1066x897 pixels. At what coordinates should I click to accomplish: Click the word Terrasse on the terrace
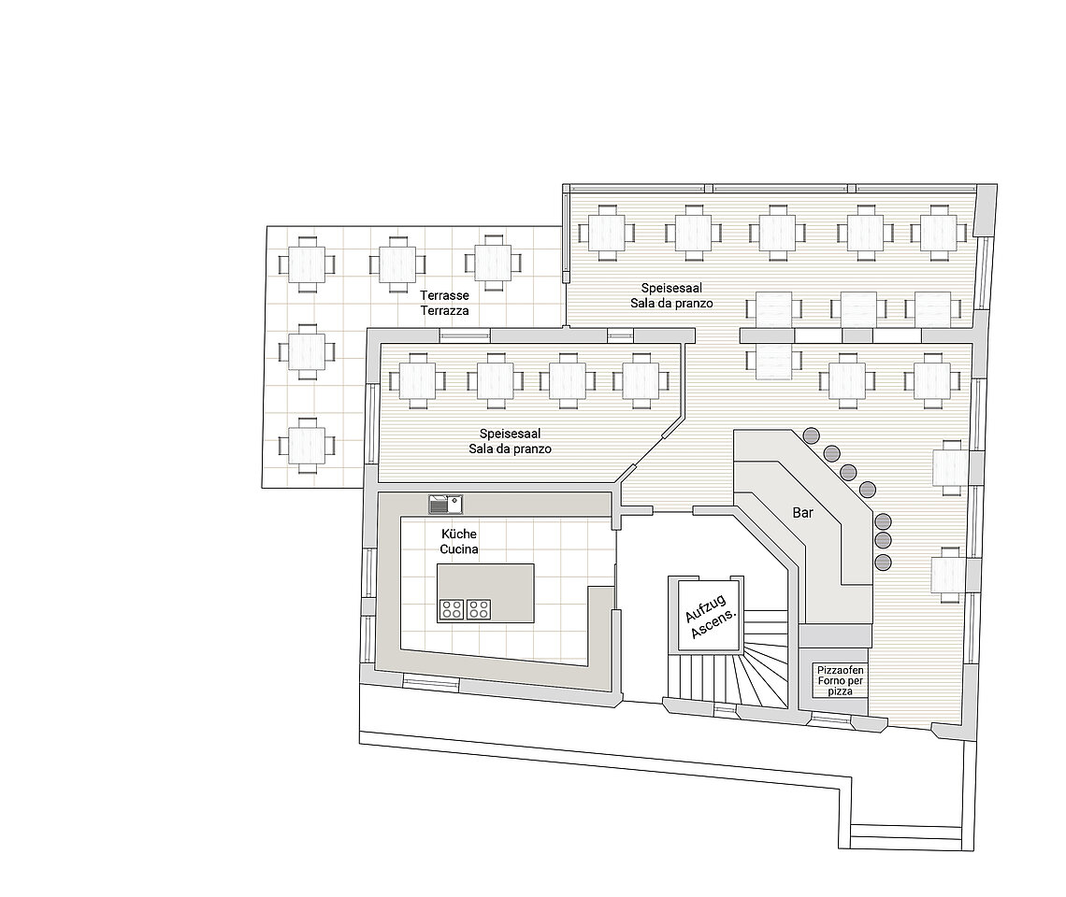point(444,295)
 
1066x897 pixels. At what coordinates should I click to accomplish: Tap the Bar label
point(803,512)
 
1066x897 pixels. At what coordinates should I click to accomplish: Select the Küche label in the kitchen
point(459,534)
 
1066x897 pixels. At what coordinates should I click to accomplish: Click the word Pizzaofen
point(841,670)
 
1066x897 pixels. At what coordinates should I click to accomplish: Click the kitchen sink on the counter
point(445,505)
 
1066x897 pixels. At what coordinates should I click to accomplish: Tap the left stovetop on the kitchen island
point(452,609)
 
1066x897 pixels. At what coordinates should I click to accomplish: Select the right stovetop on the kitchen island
point(479,609)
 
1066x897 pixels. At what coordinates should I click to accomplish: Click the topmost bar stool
point(812,434)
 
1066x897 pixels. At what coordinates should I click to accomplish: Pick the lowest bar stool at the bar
point(883,562)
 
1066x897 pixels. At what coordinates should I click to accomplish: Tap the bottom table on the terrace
point(307,446)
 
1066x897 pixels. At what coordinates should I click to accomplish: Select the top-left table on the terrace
point(307,263)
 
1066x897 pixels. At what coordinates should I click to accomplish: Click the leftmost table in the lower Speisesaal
point(417,381)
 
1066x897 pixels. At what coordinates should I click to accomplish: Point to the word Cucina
point(459,549)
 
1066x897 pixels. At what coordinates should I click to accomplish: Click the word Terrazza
point(444,310)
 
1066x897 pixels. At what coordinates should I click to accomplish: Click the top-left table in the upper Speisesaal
point(607,233)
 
